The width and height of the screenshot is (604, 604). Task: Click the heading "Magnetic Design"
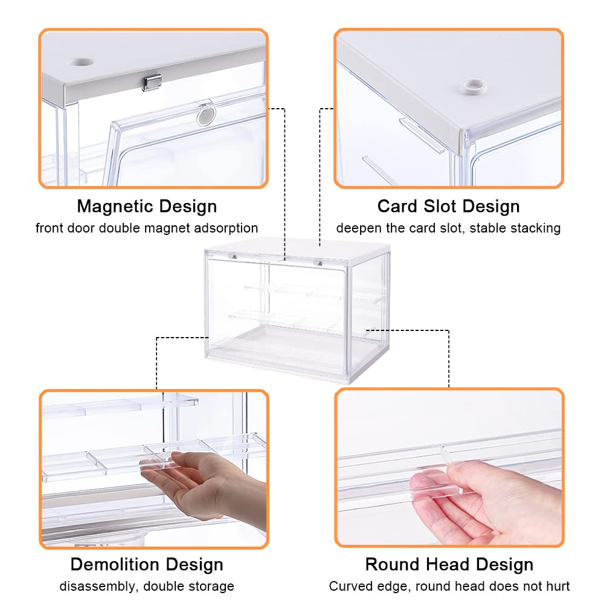(x=147, y=207)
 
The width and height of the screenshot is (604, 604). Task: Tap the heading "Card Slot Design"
(x=448, y=207)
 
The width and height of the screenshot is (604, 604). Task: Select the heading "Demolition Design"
(x=147, y=565)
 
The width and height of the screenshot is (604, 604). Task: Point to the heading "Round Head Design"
(x=449, y=565)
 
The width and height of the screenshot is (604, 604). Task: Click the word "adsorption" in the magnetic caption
(x=226, y=228)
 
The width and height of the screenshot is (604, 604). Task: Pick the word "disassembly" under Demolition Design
(x=98, y=586)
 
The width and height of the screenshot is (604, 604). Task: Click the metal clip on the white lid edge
(x=152, y=82)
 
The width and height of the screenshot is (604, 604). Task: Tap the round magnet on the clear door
(x=206, y=115)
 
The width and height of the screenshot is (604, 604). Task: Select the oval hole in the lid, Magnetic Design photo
(x=81, y=62)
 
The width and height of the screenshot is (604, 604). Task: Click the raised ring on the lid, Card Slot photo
(x=474, y=86)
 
